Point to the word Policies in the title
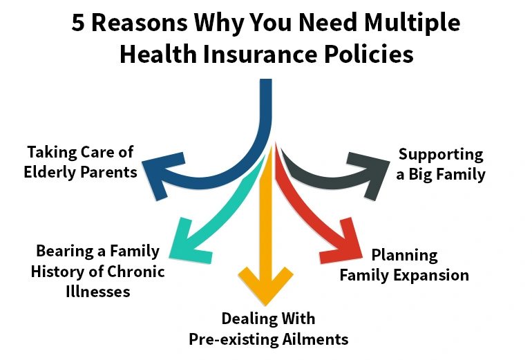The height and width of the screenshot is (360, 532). point(365,54)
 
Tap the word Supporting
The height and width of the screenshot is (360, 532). point(441,154)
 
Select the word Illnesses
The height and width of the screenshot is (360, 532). point(97,291)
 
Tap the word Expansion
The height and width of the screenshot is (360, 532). point(433,275)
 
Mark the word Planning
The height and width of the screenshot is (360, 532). point(404,255)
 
